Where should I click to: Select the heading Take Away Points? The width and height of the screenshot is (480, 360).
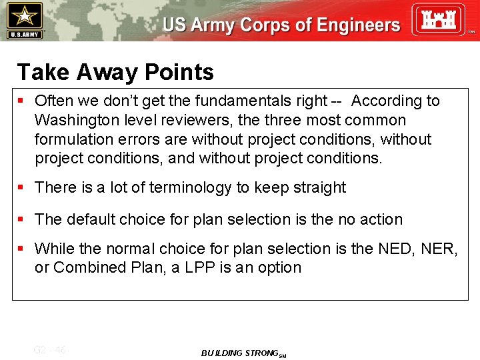pyautogui.click(x=115, y=72)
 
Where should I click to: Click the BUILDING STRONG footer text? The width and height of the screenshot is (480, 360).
pyautogui.click(x=240, y=353)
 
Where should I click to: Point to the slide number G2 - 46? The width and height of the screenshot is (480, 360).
pyautogui.click(x=50, y=350)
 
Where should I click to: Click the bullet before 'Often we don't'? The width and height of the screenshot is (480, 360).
pyautogui.click(x=21, y=101)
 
